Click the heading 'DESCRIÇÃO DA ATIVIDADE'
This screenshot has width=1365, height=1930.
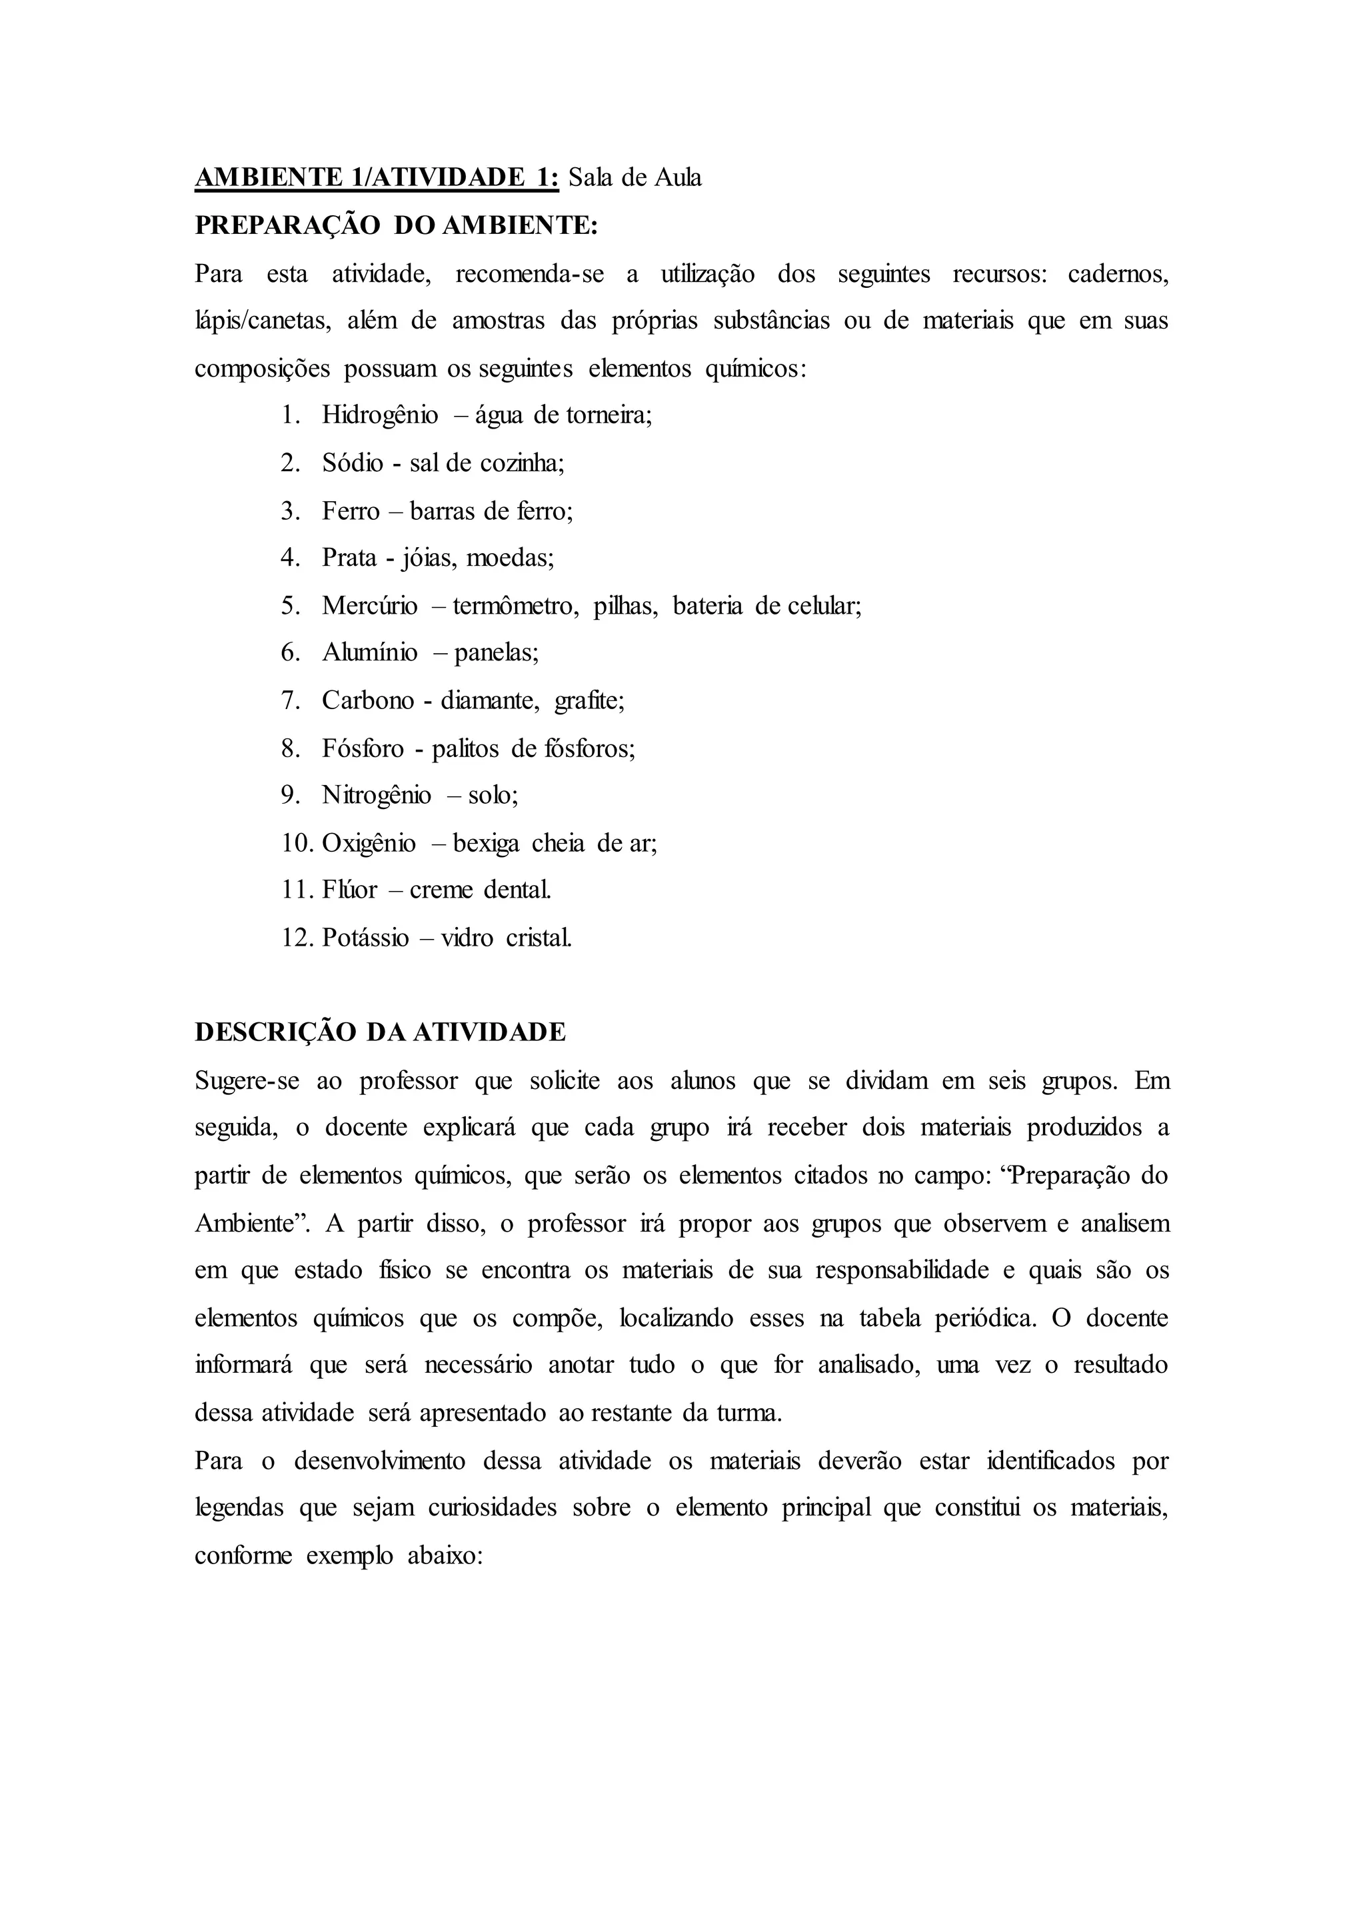click(x=380, y=1032)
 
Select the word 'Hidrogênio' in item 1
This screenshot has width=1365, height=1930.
click(x=380, y=415)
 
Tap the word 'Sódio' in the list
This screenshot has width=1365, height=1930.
click(x=352, y=463)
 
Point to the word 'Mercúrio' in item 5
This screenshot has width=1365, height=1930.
click(x=369, y=606)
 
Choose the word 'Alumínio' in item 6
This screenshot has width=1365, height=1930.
click(x=369, y=653)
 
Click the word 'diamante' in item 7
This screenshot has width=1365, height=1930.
click(x=490, y=700)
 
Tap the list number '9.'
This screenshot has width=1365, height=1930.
click(x=291, y=795)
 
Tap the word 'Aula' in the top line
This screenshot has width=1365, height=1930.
click(x=676, y=178)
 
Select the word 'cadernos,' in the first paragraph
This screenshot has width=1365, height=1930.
click(x=1118, y=274)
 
